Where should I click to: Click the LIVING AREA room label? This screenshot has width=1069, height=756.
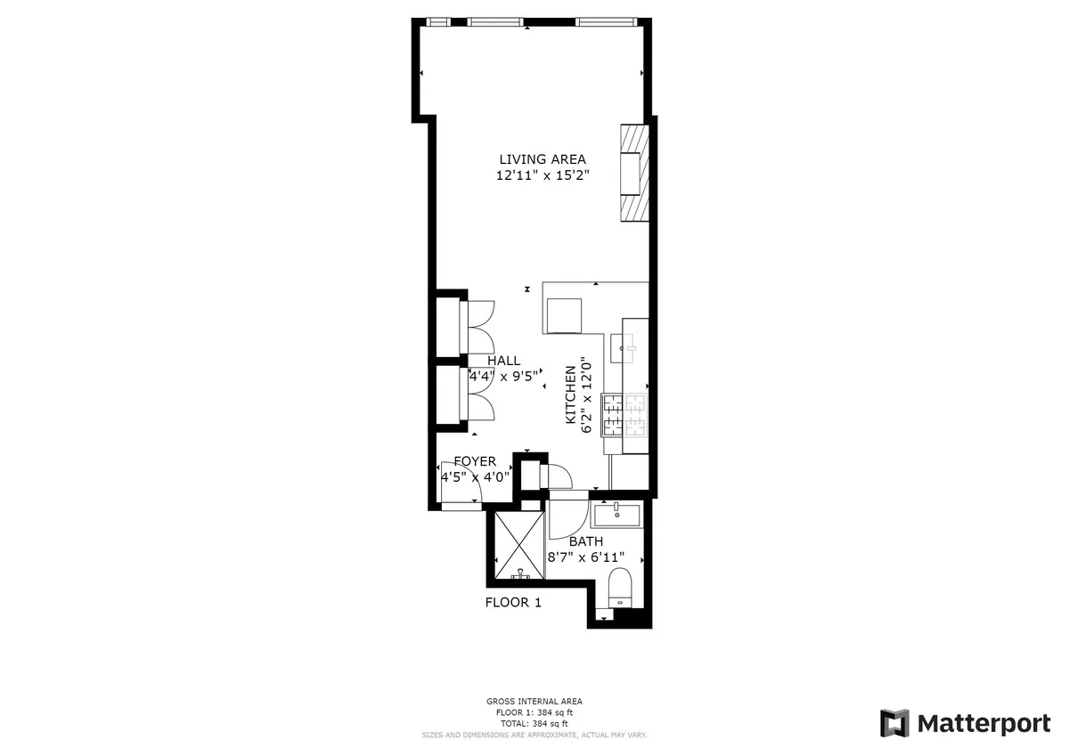coord(542,159)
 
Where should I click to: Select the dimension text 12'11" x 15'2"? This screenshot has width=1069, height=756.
coord(542,175)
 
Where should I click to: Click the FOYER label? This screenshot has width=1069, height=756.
coord(475,461)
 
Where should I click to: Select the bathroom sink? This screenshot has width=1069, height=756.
coord(616,514)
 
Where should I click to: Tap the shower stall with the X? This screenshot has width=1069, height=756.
coord(518,543)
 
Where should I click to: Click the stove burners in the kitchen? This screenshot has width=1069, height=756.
coord(624,415)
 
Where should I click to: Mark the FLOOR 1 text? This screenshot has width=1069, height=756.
coord(513,603)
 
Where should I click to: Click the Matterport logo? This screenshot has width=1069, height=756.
coord(965,723)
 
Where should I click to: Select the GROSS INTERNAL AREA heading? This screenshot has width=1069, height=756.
coord(534,702)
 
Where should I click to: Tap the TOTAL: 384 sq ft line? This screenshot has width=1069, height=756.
coord(534,723)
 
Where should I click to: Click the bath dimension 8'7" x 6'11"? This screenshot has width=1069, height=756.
coord(585,557)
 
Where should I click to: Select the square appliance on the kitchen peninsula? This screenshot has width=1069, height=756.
coord(563,314)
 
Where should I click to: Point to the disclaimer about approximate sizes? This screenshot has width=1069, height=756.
coord(534,735)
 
